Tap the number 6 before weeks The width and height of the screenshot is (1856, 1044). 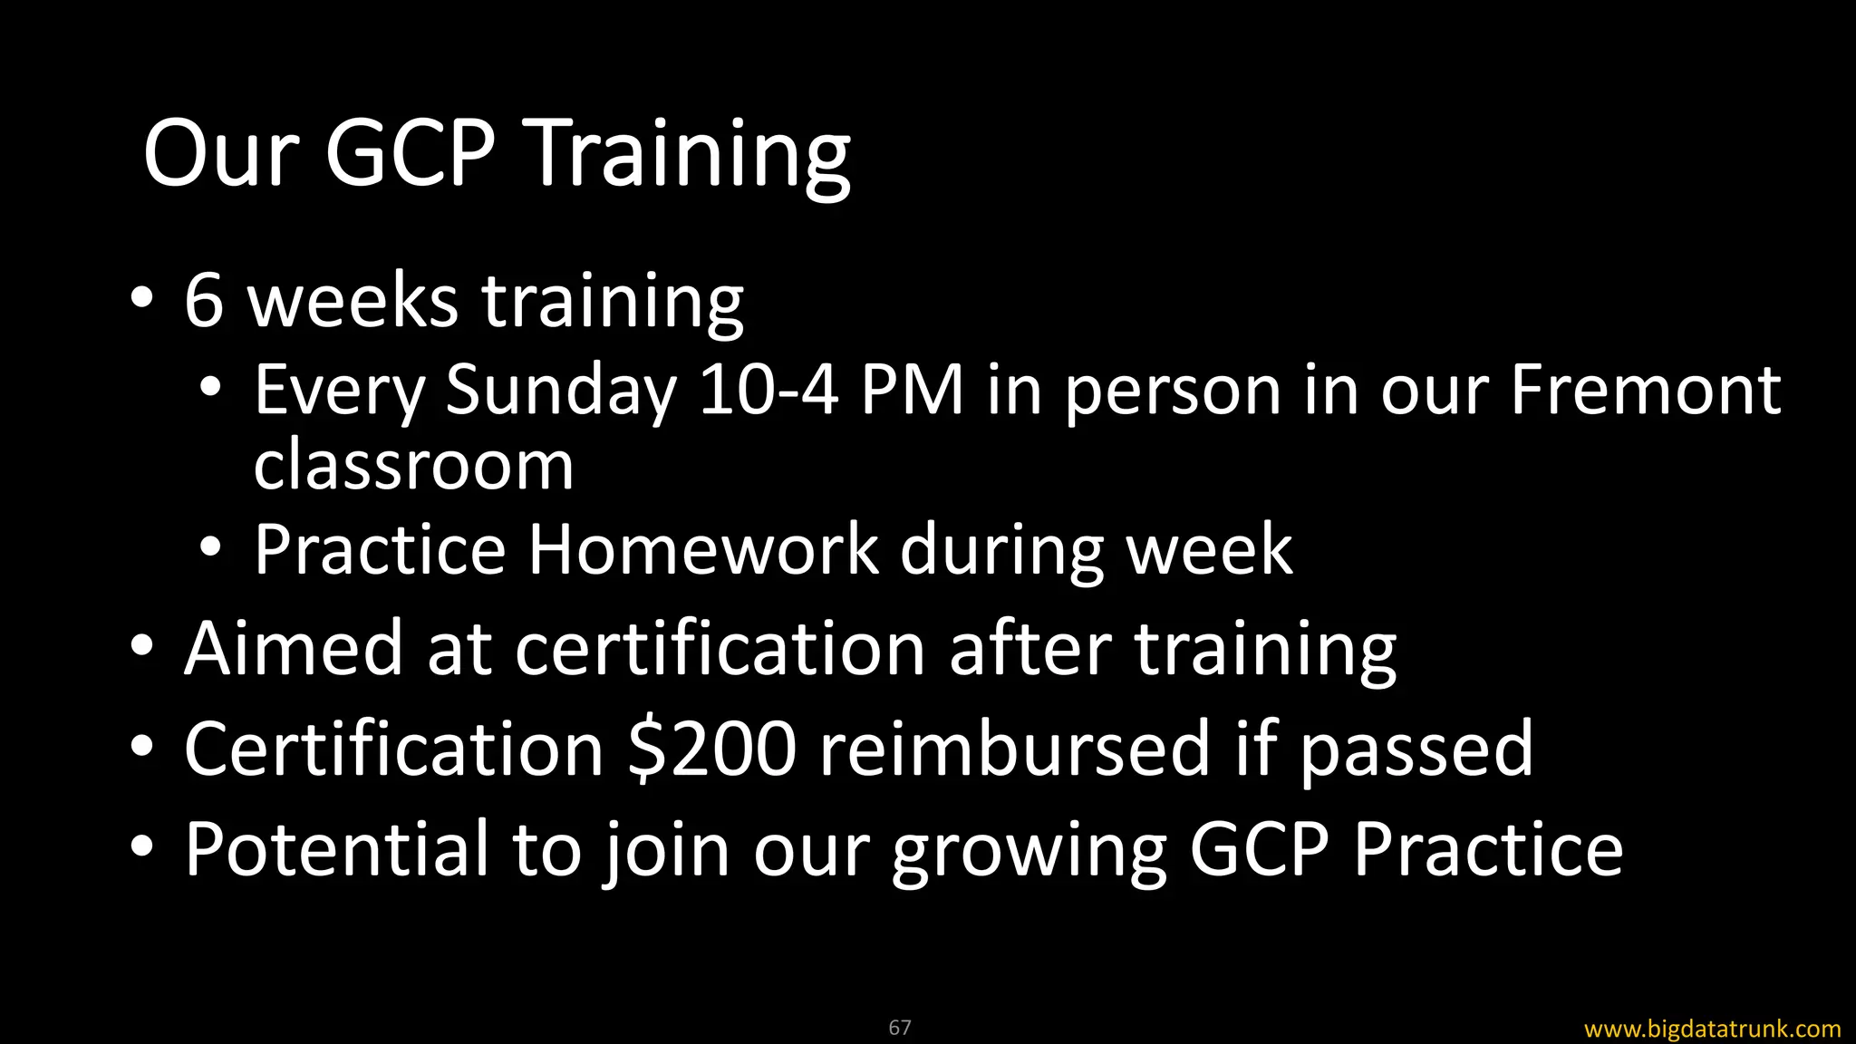tap(204, 301)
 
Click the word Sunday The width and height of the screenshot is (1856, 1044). tap(561, 391)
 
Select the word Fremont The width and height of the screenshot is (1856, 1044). tap(1645, 391)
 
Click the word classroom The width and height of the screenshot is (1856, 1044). tap(413, 467)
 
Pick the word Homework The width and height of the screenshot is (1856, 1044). tap(703, 549)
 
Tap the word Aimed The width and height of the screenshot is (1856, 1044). tap(293, 649)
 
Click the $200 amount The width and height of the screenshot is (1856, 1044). tap(712, 749)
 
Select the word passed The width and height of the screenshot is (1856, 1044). tap(1416, 750)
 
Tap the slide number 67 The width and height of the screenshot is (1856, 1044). tap(899, 1027)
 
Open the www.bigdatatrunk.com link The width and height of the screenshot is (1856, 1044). tap(1712, 1029)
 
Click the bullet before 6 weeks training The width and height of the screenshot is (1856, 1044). tap(141, 299)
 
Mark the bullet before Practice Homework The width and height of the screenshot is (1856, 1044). tap(210, 547)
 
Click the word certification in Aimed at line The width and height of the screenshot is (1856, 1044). tap(720, 649)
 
